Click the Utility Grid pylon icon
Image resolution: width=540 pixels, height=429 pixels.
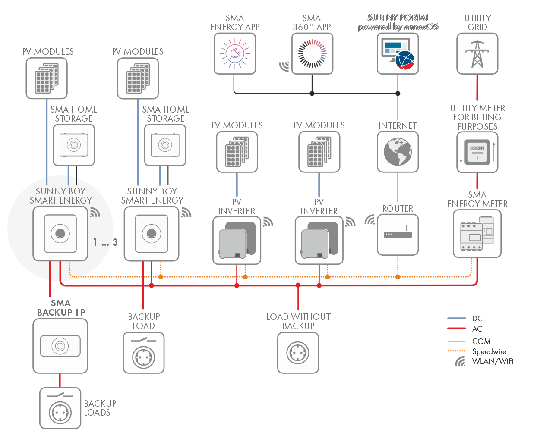(477, 54)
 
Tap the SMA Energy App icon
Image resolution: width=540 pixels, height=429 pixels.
(235, 54)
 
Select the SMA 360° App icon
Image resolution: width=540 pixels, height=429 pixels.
(312, 54)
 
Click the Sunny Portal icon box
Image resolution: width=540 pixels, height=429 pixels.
(398, 54)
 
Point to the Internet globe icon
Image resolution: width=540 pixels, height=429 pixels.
(398, 152)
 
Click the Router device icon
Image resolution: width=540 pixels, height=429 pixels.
(398, 235)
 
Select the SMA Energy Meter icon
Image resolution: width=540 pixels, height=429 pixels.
(477, 234)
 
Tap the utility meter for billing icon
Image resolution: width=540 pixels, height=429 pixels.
(477, 152)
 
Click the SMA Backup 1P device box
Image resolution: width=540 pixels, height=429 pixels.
(60, 346)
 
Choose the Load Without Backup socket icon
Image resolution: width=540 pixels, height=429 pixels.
(298, 353)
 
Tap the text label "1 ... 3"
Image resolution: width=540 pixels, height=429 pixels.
(105, 243)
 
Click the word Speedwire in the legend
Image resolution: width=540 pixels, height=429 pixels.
(489, 351)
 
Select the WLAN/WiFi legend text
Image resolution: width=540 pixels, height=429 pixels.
(493, 361)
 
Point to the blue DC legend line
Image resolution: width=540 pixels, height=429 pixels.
(457, 319)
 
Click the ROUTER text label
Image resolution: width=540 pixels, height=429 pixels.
(398, 209)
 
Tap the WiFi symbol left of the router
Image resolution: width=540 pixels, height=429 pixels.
(369, 220)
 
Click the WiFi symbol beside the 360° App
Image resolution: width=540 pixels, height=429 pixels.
(284, 66)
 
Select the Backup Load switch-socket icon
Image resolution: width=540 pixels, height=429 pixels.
(144, 353)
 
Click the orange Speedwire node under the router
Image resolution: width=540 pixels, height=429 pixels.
(398, 277)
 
